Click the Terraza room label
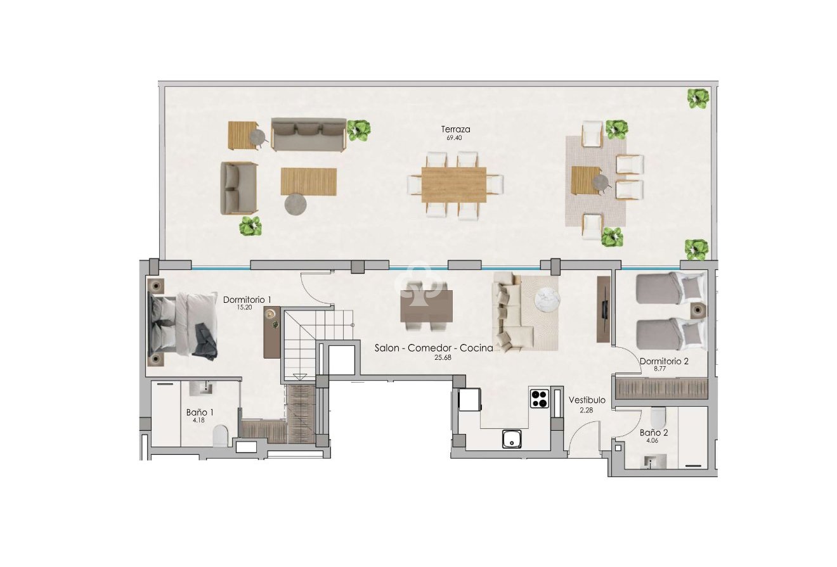pyautogui.click(x=455, y=129)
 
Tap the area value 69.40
pyautogui.click(x=455, y=137)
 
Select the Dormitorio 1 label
pyautogui.click(x=247, y=300)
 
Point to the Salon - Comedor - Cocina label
pyautogui.click(x=434, y=348)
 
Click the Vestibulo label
pyautogui.click(x=587, y=400)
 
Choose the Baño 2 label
pyautogui.click(x=653, y=433)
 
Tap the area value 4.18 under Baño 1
pyautogui.click(x=200, y=419)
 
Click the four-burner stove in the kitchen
pyautogui.click(x=539, y=398)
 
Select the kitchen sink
pyautogui.click(x=512, y=438)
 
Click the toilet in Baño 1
pyautogui.click(x=220, y=436)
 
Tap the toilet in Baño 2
pyautogui.click(x=658, y=416)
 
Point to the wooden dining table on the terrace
pyautogui.click(x=454, y=184)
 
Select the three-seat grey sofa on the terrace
pyautogui.click(x=308, y=134)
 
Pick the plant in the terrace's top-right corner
pyautogui.click(x=698, y=98)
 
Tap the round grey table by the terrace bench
pyautogui.click(x=295, y=204)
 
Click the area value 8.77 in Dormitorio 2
pyautogui.click(x=663, y=369)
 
